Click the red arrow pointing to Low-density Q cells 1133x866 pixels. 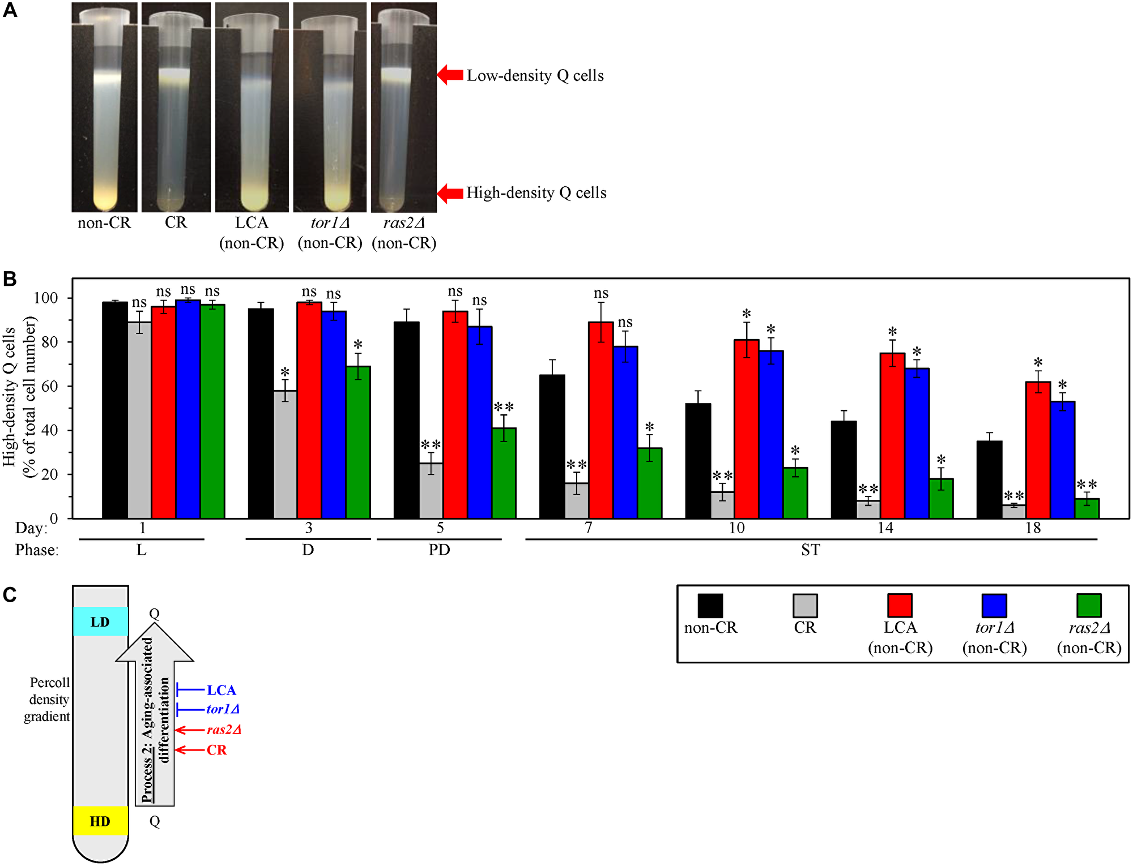[x=450, y=75]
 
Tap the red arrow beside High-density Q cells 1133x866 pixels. [x=450, y=193]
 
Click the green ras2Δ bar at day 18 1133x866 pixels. [x=1087, y=508]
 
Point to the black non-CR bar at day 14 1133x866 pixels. [x=844, y=469]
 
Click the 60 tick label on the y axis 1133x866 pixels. [x=49, y=387]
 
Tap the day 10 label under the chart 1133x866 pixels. [x=736, y=528]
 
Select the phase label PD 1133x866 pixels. [x=439, y=550]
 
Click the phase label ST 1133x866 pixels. [x=810, y=550]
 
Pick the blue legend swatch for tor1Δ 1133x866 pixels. [x=994, y=606]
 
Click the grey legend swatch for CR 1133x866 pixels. [x=805, y=606]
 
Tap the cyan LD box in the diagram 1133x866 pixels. [x=100, y=621]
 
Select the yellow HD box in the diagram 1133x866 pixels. [x=100, y=821]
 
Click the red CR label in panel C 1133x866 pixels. [x=216, y=750]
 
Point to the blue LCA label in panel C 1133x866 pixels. [x=221, y=690]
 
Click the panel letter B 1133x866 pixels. [x=10, y=279]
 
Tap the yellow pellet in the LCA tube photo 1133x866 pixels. [x=252, y=199]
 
